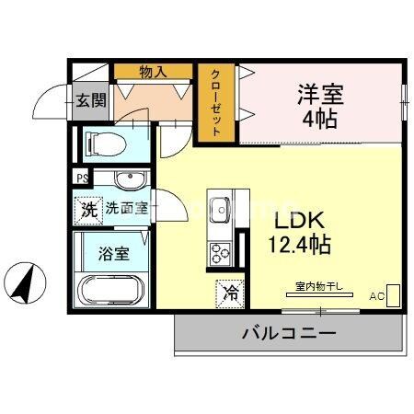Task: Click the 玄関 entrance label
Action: click(89, 100)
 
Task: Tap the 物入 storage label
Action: click(154, 71)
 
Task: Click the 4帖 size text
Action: click(318, 120)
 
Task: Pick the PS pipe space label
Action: click(82, 178)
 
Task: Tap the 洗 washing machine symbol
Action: click(88, 209)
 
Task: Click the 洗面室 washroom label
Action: click(125, 208)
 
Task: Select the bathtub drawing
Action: click(111, 291)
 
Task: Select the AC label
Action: click(377, 296)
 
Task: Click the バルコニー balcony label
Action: click(289, 333)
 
